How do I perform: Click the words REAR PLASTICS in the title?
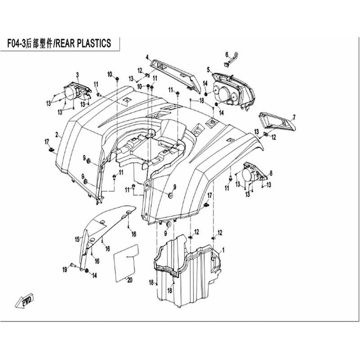click(82, 43)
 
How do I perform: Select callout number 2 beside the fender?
click(57, 135)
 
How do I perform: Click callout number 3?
click(77, 74)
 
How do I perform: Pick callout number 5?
click(208, 69)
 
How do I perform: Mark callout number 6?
click(227, 55)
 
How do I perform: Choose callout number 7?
click(294, 117)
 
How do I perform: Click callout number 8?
click(271, 173)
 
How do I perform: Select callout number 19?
click(64, 270)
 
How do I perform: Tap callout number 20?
click(130, 280)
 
